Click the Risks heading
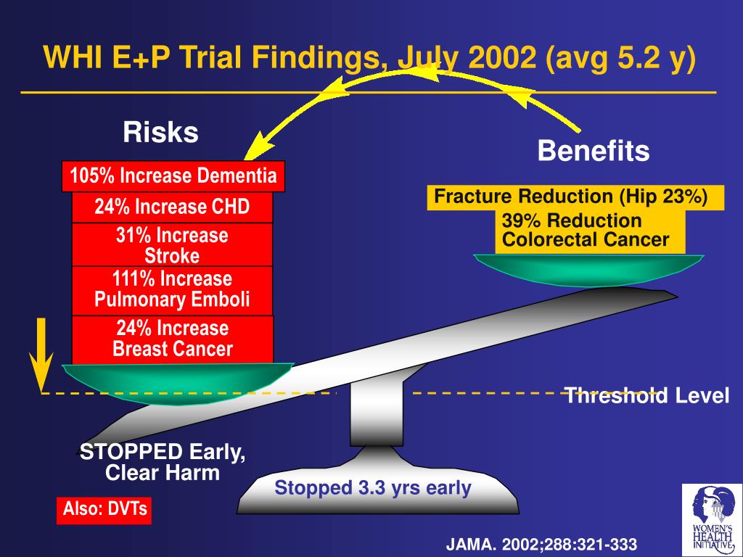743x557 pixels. [x=160, y=133]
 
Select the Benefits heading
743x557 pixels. [x=593, y=152]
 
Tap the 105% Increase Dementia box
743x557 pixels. [x=173, y=176]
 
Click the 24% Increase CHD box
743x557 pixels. [x=172, y=207]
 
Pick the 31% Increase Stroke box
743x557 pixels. [x=172, y=245]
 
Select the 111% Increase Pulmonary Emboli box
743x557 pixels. [x=172, y=289]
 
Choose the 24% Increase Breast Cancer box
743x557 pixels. [x=172, y=339]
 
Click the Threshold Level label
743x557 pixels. [x=646, y=396]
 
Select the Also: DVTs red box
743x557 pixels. [x=104, y=509]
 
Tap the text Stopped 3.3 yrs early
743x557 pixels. [x=373, y=488]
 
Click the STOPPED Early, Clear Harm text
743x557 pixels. [x=163, y=463]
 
